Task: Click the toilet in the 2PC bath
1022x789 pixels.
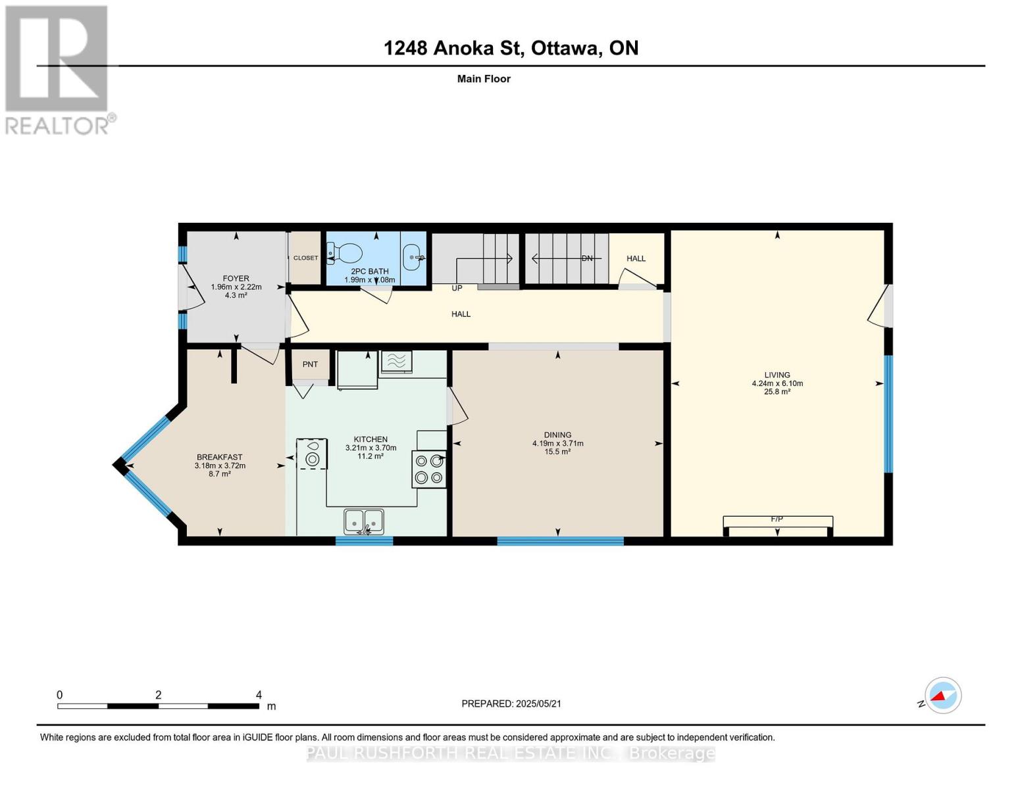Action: [x=347, y=252]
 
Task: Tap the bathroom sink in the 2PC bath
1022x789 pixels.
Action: [x=413, y=257]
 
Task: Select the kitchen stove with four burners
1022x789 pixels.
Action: [x=428, y=469]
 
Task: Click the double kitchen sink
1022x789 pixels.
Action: [x=363, y=522]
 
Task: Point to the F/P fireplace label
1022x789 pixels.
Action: [x=777, y=519]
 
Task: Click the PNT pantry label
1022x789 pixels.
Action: [x=310, y=364]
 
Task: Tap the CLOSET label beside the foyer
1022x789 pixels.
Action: [x=305, y=258]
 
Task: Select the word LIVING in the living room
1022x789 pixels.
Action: [x=777, y=375]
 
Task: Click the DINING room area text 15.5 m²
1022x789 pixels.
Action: [x=557, y=452]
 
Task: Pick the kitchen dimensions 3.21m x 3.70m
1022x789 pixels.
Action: [x=370, y=448]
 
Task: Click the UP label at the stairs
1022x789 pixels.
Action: [x=457, y=288]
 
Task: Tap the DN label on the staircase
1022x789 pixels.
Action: [x=587, y=258]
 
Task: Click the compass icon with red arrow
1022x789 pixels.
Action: [x=942, y=695]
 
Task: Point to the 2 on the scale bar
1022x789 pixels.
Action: [x=158, y=695]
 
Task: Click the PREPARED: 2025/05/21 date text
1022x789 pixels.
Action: [x=511, y=704]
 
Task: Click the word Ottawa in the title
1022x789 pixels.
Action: [x=565, y=48]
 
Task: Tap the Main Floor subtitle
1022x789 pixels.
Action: [x=484, y=79]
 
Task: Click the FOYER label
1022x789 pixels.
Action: [x=236, y=278]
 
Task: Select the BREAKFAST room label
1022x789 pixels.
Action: [x=219, y=457]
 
